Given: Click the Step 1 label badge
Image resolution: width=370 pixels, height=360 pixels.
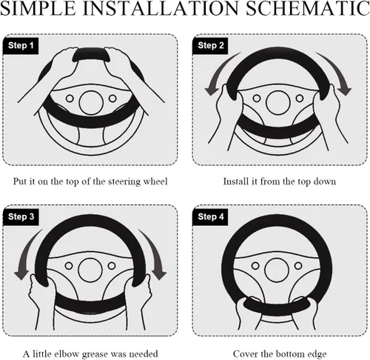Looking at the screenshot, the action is point(21,46).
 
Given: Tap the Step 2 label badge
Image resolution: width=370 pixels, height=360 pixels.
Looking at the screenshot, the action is point(210,46).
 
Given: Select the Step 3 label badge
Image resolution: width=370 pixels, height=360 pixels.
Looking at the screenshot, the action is point(21,217).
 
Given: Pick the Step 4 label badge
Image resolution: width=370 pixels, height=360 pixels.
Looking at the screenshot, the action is point(210,217).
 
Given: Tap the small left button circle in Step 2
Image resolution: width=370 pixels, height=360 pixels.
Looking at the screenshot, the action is point(257,99).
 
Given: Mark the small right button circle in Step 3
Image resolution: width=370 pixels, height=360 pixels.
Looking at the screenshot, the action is point(112,266).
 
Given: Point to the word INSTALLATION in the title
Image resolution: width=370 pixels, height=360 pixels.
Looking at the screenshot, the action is point(161,8).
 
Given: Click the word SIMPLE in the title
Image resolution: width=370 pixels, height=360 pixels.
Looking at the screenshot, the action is point(38,8).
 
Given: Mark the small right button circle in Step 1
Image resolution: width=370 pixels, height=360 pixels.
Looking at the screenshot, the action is point(112,99).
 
